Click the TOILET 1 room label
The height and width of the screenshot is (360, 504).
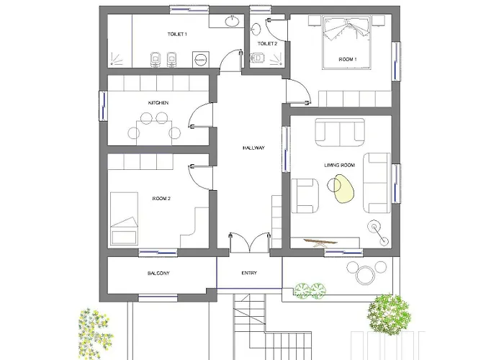177,34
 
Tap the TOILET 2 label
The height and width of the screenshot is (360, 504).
267,44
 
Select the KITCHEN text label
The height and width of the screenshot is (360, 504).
158,103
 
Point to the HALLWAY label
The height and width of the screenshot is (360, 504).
253,148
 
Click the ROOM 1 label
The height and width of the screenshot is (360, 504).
348,60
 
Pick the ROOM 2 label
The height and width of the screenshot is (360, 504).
161,199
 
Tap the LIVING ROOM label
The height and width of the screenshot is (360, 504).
340,165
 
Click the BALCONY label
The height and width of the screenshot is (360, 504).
158,273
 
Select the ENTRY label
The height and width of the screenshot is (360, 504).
249,273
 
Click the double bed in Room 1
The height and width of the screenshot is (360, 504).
347,42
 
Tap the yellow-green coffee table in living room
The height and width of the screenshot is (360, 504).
344,189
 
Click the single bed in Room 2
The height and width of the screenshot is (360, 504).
124,219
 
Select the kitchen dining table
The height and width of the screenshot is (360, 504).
154,133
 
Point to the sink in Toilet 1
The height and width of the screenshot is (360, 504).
232,22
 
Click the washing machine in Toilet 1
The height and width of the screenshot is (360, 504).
201,60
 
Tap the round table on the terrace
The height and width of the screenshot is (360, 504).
365,276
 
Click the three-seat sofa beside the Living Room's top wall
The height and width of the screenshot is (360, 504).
340,132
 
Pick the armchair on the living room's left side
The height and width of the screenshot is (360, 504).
305,196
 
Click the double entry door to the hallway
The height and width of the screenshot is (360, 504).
249,243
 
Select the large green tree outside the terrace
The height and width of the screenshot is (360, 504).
389,315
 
